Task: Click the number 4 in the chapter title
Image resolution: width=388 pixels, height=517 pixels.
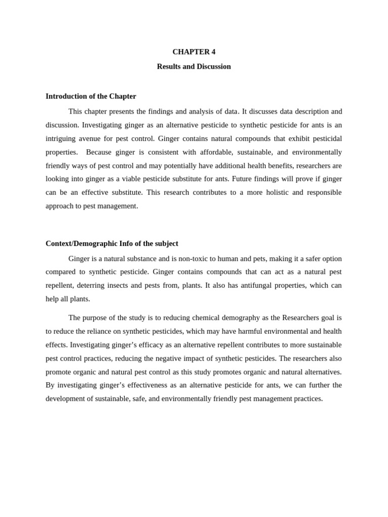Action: (213, 52)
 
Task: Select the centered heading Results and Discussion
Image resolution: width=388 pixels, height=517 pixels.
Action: (193, 67)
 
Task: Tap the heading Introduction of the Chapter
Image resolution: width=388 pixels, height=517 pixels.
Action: (91, 96)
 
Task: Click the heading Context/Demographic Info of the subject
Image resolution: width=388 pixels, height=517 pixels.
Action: (112, 243)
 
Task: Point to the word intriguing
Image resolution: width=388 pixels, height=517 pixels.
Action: (62, 138)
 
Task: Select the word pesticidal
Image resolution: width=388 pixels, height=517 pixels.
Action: (323, 138)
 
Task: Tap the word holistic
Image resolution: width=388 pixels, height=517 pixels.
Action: (273, 192)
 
